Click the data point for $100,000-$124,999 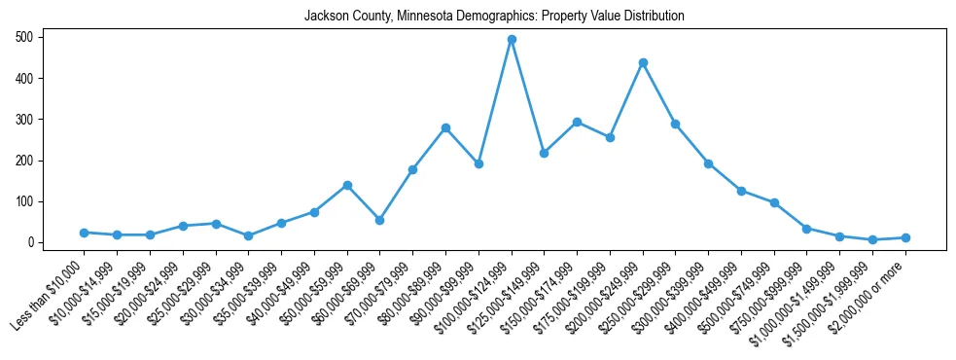(x=512, y=40)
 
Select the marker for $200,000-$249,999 (x=643, y=62)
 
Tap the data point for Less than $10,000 (x=85, y=233)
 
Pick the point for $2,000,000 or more (x=905, y=237)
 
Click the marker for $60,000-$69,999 (x=380, y=220)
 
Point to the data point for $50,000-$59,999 (x=347, y=185)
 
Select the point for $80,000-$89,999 (x=445, y=127)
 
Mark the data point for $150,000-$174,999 (x=577, y=122)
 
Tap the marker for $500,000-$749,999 (x=774, y=202)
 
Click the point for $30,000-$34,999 (x=249, y=235)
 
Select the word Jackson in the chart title (x=325, y=17)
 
